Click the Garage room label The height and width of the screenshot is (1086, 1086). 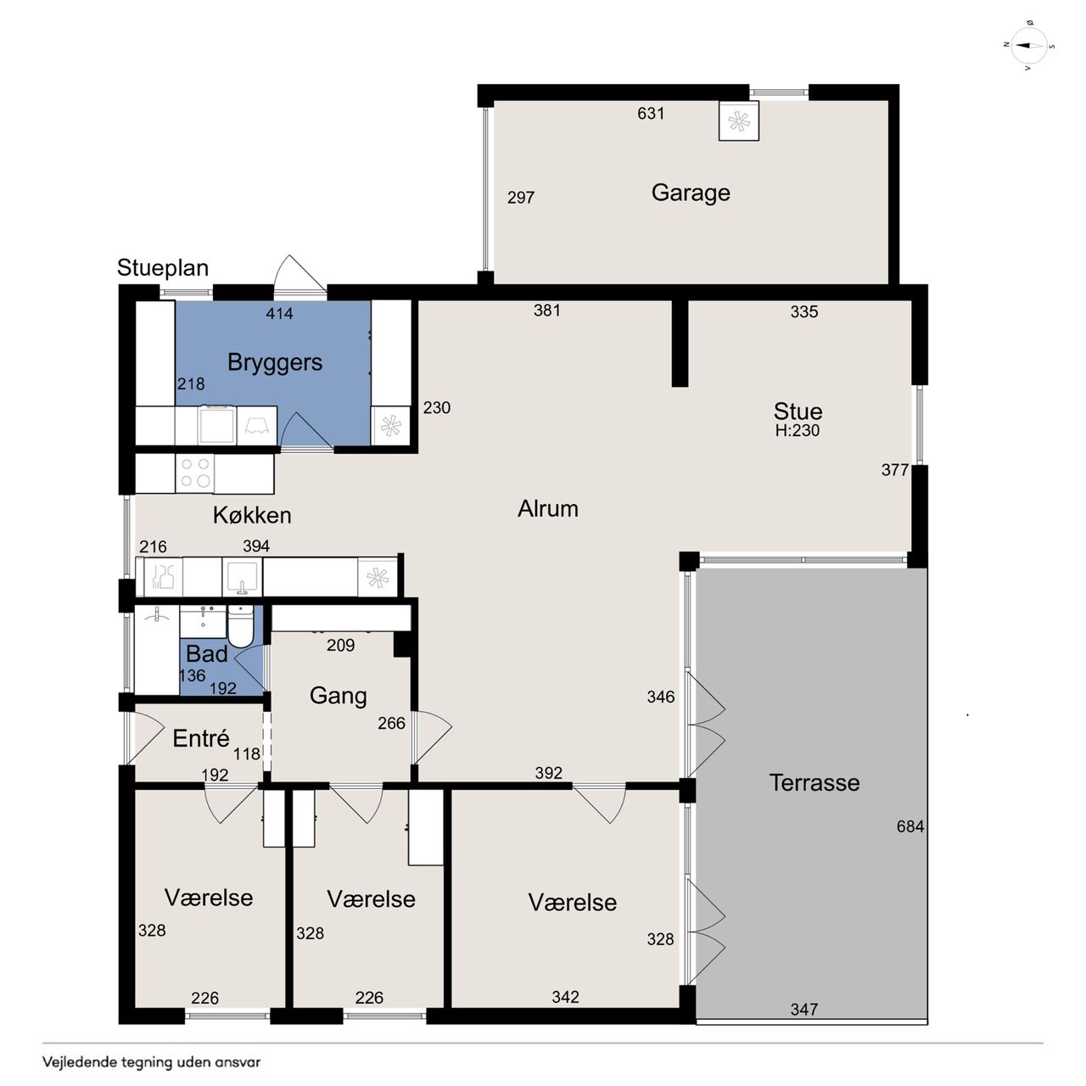click(x=691, y=193)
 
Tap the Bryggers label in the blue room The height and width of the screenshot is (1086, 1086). click(x=274, y=362)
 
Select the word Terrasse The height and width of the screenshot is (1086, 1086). click(x=814, y=783)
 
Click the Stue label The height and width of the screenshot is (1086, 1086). click(x=798, y=411)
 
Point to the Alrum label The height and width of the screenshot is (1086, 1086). click(x=548, y=509)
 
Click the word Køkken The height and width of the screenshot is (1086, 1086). click(x=252, y=515)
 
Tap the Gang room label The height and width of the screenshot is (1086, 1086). click(x=339, y=696)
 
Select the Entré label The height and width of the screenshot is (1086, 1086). click(x=201, y=738)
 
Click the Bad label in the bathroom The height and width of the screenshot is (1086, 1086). click(x=207, y=654)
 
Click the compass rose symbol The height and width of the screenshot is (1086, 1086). click(x=1028, y=46)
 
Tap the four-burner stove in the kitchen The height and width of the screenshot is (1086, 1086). click(x=195, y=473)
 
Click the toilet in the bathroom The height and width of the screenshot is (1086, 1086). click(x=241, y=627)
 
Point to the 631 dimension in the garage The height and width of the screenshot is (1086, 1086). click(x=651, y=114)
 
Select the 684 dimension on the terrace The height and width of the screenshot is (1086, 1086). click(x=910, y=826)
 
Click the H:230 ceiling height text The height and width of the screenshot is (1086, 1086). click(x=797, y=430)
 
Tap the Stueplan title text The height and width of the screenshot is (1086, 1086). click(x=163, y=268)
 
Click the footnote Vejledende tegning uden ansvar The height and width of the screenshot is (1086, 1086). click(x=152, y=1062)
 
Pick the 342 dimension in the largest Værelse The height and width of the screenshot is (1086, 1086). click(x=565, y=997)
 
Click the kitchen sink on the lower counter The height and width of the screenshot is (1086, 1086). click(x=242, y=578)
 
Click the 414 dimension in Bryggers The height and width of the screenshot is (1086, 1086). click(x=279, y=313)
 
